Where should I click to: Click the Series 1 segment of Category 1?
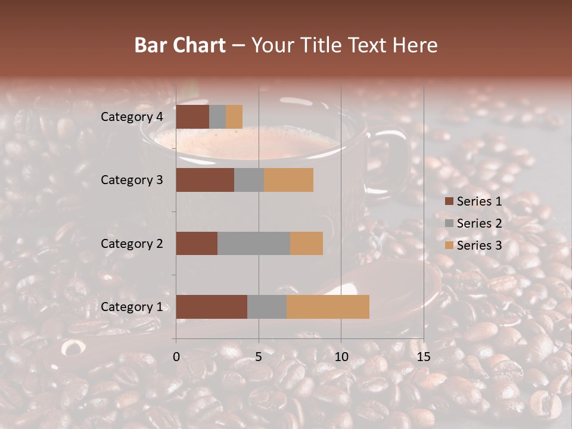(212, 306)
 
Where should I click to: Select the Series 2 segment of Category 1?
(267, 306)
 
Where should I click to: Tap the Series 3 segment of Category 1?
(328, 306)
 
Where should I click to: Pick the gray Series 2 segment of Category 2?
(254, 243)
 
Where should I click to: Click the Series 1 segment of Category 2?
(197, 243)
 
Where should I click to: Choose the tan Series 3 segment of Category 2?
(306, 243)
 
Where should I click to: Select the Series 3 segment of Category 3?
(288, 180)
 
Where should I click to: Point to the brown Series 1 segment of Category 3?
(205, 180)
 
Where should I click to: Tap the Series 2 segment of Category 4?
(217, 117)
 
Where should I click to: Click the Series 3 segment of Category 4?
(234, 117)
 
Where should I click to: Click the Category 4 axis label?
(132, 117)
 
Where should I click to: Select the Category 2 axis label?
(132, 243)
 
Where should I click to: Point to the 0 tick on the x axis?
(176, 356)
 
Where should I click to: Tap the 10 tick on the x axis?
(341, 356)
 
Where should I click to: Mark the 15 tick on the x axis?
(423, 356)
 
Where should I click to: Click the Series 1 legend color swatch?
(449, 201)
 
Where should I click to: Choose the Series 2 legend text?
(479, 223)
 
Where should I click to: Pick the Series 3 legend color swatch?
(449, 245)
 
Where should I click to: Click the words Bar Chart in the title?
(180, 45)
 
